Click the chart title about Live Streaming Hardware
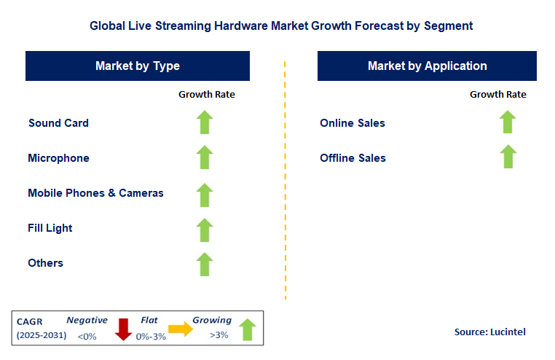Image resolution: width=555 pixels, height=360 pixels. click(x=281, y=26)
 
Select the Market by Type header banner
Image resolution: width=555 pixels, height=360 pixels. click(x=138, y=66)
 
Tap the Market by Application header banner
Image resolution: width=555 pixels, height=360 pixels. click(x=427, y=66)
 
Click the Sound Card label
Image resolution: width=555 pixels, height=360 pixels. click(x=58, y=122)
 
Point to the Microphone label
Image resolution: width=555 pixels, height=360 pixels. click(x=58, y=158)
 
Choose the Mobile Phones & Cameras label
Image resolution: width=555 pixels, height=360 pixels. click(x=95, y=193)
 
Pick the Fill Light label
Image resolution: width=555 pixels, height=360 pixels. click(x=50, y=228)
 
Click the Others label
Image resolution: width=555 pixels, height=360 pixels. click(x=45, y=263)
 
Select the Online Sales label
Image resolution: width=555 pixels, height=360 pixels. click(x=353, y=122)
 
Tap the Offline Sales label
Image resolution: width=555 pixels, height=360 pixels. click(x=353, y=158)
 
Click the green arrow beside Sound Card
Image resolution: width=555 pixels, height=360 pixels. click(x=205, y=122)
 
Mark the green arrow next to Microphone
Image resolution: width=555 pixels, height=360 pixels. click(x=205, y=157)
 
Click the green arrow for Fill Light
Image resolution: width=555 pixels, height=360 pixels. click(x=205, y=229)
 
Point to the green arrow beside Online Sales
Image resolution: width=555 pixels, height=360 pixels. click(x=508, y=122)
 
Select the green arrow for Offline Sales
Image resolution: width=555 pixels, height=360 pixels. click(x=508, y=157)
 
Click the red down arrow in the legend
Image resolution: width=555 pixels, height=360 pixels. click(x=122, y=329)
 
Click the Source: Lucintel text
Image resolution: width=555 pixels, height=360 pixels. click(x=489, y=332)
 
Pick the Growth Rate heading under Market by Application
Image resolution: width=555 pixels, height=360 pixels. click(x=497, y=94)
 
